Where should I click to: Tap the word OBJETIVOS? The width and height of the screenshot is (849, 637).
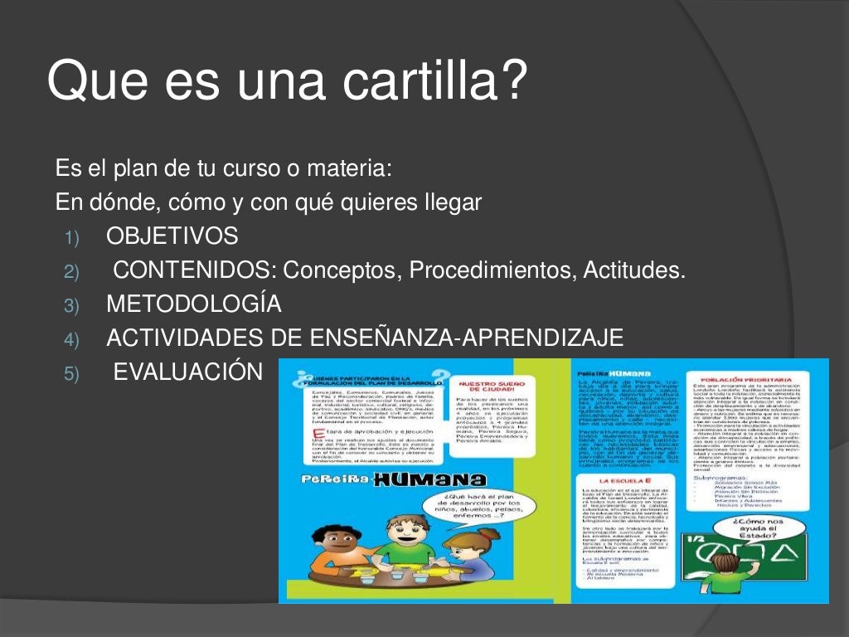[172, 236]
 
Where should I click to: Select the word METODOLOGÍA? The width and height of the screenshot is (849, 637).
[194, 304]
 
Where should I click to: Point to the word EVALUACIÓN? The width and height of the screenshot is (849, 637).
[187, 372]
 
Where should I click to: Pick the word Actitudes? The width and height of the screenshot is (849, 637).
[634, 270]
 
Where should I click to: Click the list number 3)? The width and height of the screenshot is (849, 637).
[70, 306]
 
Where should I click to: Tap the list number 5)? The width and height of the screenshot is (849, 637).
[70, 374]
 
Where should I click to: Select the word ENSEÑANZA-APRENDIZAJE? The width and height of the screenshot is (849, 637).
[467, 338]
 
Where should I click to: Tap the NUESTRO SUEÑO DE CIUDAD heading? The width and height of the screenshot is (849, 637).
[488, 388]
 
